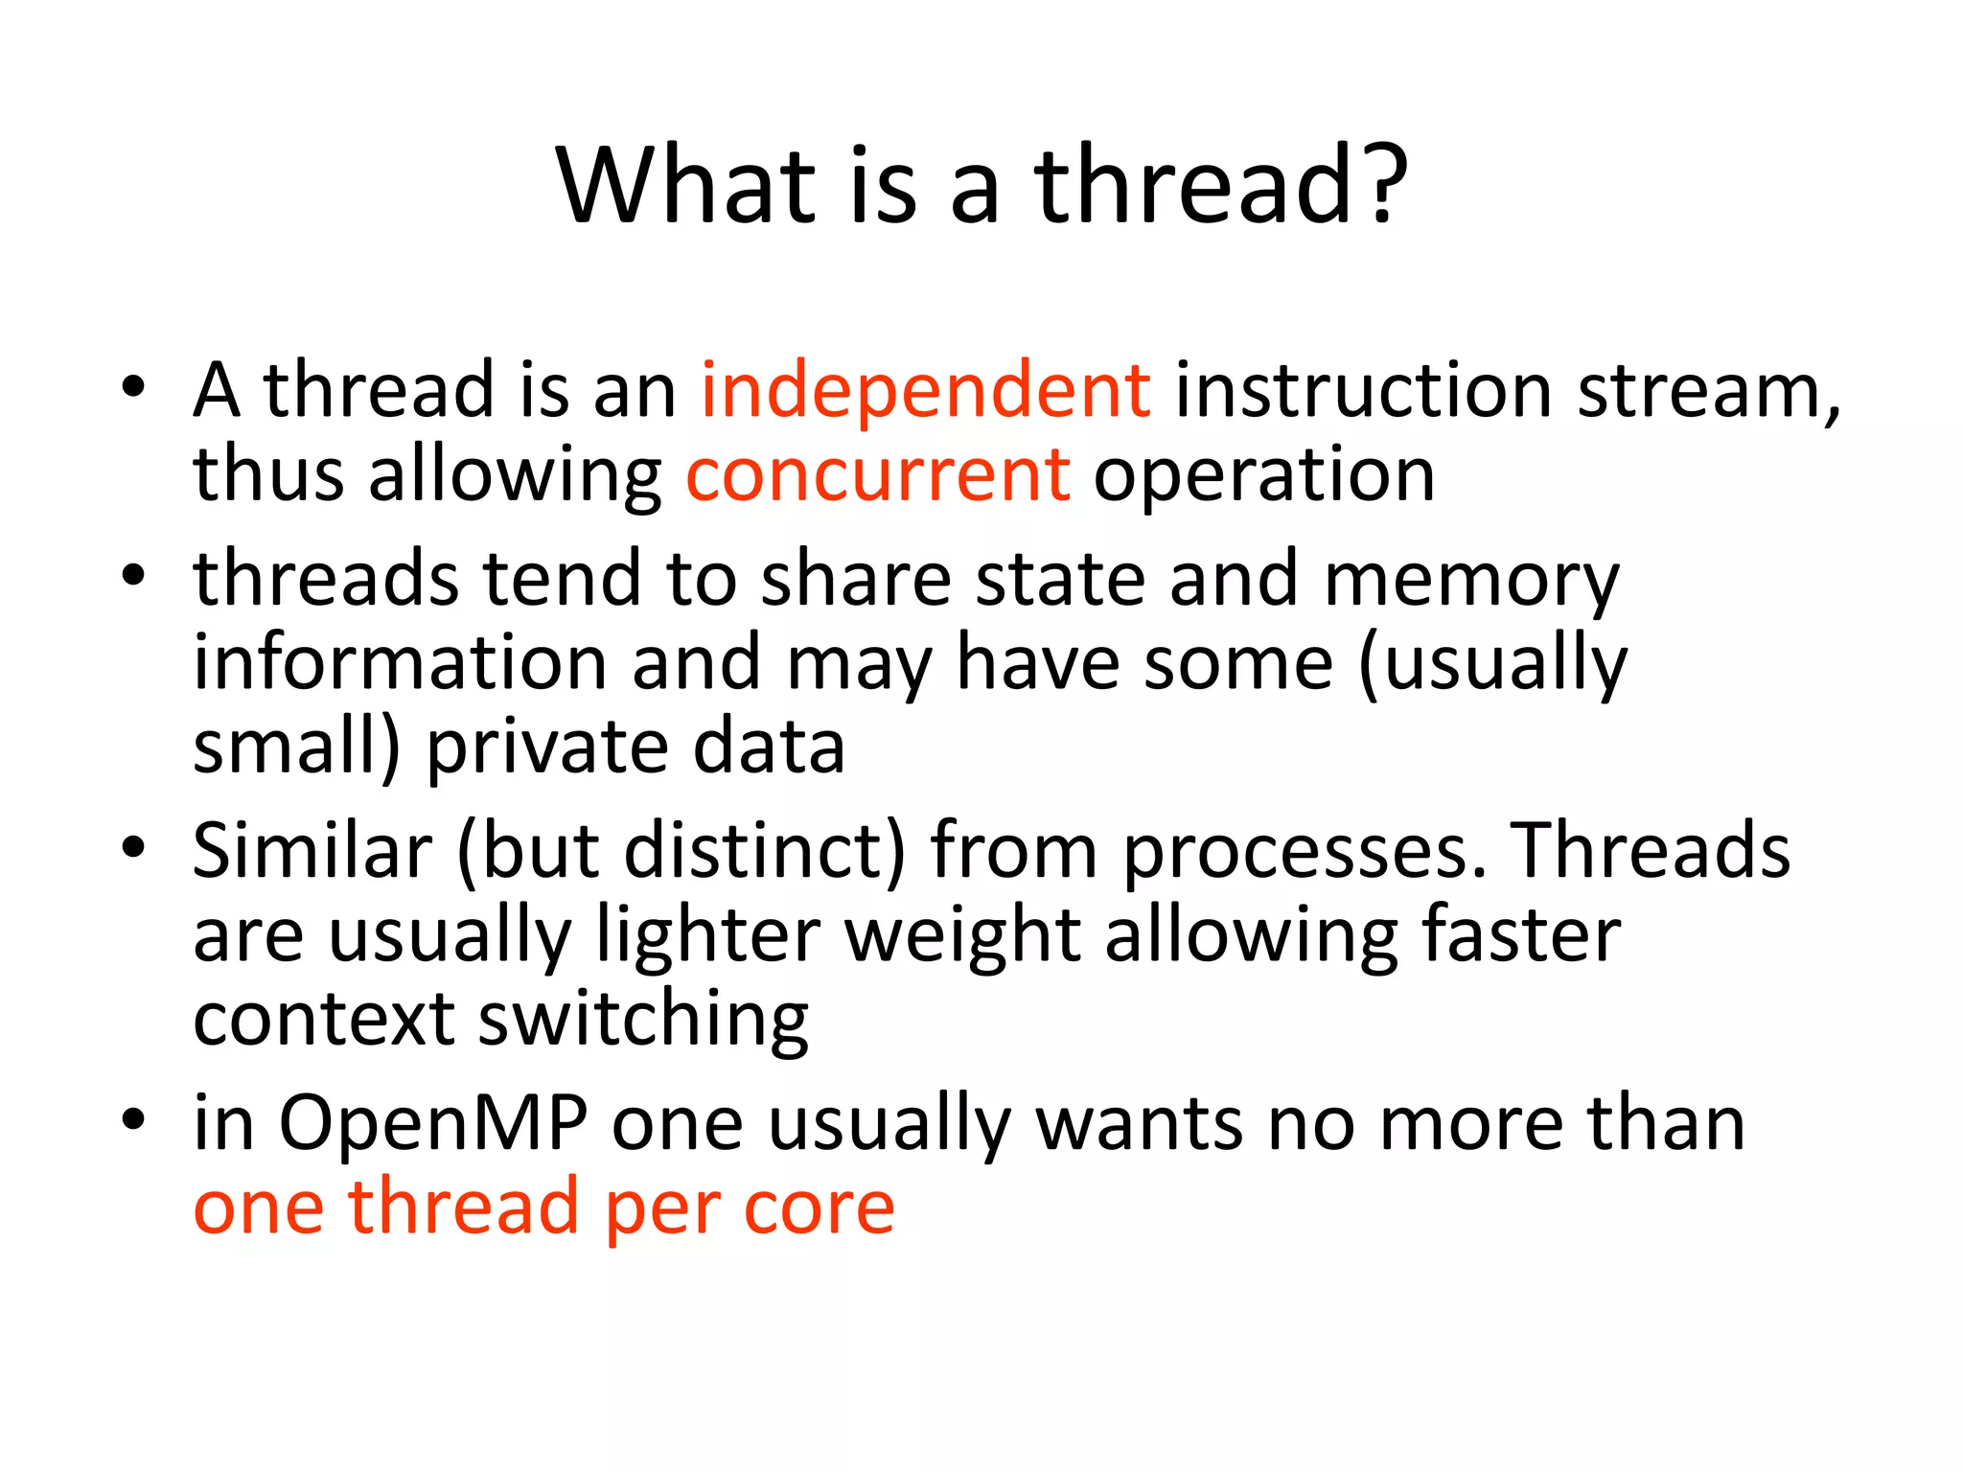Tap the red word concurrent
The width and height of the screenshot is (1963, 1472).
click(878, 475)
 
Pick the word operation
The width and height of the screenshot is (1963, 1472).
click(1264, 475)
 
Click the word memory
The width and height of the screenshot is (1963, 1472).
click(1470, 581)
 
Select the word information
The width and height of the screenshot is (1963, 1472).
click(401, 663)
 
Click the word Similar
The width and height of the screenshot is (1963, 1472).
click(312, 851)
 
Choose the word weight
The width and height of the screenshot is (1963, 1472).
click(962, 935)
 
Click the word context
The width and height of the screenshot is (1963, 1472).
click(324, 1020)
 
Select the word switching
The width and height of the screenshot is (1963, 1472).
click(643, 1022)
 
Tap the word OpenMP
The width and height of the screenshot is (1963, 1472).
click(433, 1123)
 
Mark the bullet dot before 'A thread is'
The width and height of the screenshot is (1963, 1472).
click(133, 387)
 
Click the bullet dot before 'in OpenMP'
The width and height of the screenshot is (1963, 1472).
click(133, 1119)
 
